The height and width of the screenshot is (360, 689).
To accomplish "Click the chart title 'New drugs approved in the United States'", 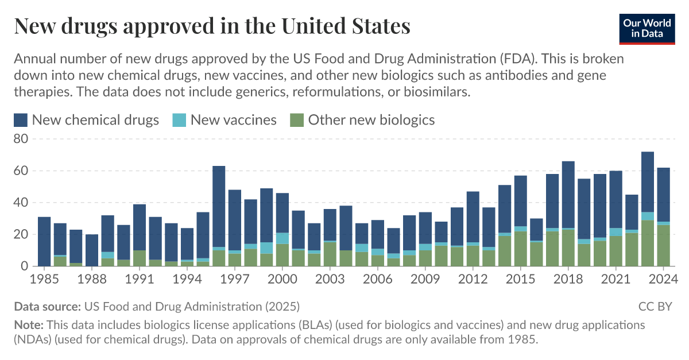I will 212,26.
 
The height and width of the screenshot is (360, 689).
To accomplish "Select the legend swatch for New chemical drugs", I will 21,120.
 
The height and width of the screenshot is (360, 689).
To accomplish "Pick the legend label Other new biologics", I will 371,120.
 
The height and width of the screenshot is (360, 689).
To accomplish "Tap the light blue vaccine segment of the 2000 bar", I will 282,238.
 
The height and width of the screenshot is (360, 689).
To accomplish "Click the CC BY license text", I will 655,307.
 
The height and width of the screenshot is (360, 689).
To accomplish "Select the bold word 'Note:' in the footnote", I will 28,325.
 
